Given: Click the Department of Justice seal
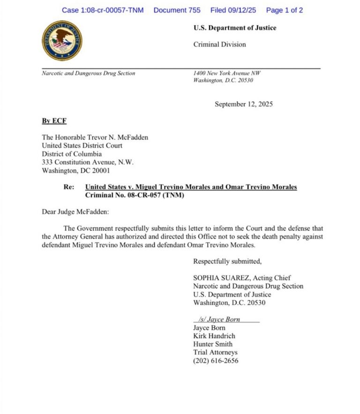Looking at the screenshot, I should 62,40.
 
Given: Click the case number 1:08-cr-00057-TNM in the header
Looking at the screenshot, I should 103,10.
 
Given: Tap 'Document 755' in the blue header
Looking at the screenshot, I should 177,10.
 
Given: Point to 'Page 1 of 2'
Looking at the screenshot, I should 285,10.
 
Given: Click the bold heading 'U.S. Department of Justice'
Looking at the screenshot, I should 235,28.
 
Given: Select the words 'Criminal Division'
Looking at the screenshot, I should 219,44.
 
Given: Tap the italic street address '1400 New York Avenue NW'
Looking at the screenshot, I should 227,73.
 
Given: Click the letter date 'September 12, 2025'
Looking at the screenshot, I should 244,104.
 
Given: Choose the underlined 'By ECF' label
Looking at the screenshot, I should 54,121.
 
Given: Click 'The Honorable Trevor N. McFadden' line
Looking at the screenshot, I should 95,137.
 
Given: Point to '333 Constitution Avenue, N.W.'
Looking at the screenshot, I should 88,163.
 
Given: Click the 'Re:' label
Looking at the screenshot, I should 69,187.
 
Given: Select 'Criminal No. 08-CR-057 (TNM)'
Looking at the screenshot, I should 135,195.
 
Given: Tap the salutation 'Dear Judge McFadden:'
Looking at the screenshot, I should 75,212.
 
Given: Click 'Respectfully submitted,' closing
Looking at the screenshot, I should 227,261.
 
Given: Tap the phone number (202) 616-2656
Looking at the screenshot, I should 216,361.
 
